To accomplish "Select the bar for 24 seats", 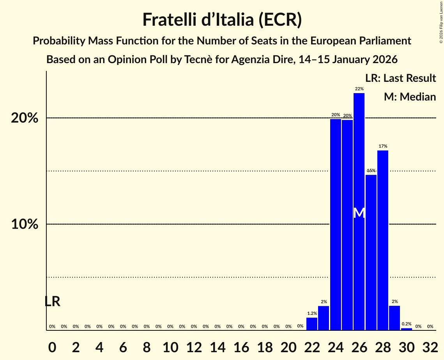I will tap(335, 224).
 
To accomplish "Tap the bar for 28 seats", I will tap(383, 240).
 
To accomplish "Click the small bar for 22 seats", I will tap(312, 324).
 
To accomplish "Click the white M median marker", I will tap(359, 213).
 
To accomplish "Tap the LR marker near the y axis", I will tap(52, 301).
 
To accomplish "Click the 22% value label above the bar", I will tap(359, 89).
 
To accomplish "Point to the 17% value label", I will tap(383, 146).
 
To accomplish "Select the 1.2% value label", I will tap(312, 313).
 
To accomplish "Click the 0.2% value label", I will tap(406, 324).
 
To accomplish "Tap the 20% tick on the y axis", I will tap(25, 118).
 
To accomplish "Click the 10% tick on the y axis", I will tap(25, 224).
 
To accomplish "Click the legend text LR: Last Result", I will tap(400, 78).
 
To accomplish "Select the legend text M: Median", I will tap(410, 97).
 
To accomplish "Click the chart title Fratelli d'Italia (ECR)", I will tap(222, 19).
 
